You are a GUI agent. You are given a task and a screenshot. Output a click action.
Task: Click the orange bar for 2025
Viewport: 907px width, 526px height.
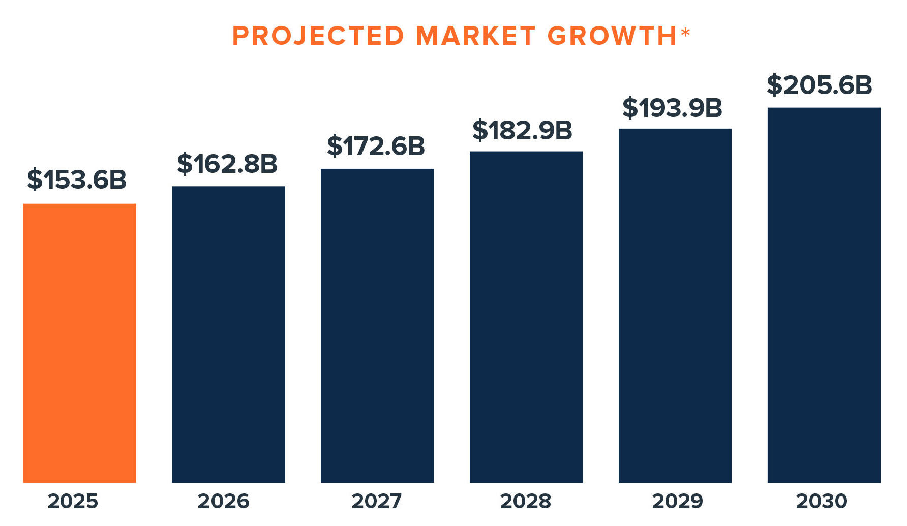(x=79, y=343)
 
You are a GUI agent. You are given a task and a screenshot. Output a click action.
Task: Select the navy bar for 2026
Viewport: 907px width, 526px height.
(x=228, y=334)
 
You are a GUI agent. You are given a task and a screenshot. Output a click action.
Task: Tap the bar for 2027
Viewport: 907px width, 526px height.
(x=377, y=326)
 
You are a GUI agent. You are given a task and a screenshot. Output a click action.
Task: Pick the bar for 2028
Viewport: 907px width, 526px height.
(x=526, y=316)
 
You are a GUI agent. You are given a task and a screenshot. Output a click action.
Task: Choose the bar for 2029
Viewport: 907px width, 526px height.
(x=675, y=305)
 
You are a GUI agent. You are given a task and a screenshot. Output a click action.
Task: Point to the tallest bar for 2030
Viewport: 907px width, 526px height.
(x=824, y=295)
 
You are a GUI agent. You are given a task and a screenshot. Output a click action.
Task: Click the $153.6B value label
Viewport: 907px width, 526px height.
(x=77, y=180)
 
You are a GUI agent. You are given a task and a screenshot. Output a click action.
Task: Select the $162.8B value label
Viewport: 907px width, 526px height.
(x=227, y=164)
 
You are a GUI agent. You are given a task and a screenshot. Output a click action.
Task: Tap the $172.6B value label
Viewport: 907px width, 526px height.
(x=376, y=146)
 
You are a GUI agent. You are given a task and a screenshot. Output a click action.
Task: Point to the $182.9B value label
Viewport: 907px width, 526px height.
(x=523, y=130)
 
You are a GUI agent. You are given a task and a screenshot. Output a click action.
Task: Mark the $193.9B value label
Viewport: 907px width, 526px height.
(x=672, y=108)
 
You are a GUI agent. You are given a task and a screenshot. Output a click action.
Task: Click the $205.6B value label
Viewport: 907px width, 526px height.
(x=820, y=85)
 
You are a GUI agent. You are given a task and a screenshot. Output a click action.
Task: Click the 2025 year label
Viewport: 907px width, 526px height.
(x=73, y=501)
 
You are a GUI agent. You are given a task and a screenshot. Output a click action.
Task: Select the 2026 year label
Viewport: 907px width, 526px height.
(x=223, y=501)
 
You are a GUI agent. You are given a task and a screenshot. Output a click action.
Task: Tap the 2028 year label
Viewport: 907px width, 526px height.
(x=525, y=501)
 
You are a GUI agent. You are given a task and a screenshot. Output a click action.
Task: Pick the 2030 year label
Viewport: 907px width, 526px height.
(x=822, y=501)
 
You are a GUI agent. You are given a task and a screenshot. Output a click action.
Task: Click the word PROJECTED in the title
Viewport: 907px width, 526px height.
(x=318, y=36)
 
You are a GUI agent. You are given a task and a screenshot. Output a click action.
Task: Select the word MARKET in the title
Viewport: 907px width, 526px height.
(x=476, y=36)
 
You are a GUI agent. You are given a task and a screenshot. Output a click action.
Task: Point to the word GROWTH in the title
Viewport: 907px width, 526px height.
(x=612, y=36)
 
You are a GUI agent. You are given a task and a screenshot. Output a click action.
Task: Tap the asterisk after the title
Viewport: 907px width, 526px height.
(x=685, y=33)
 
